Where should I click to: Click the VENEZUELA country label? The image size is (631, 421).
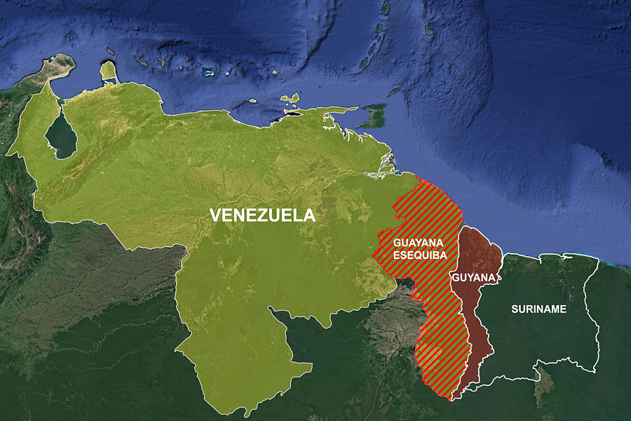pos(263,215)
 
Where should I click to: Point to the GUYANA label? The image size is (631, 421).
pos(474,277)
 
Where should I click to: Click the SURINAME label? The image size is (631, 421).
pos(538,309)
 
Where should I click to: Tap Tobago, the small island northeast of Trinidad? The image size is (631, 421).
pos(395,91)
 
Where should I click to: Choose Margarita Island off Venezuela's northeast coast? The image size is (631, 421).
pos(289,100)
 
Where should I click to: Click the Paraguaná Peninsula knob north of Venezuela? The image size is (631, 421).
pos(109,71)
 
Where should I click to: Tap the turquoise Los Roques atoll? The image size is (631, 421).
pos(208,72)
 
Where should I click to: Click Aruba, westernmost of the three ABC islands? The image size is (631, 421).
pos(110,51)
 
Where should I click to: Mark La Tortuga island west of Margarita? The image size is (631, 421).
pos(253,100)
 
